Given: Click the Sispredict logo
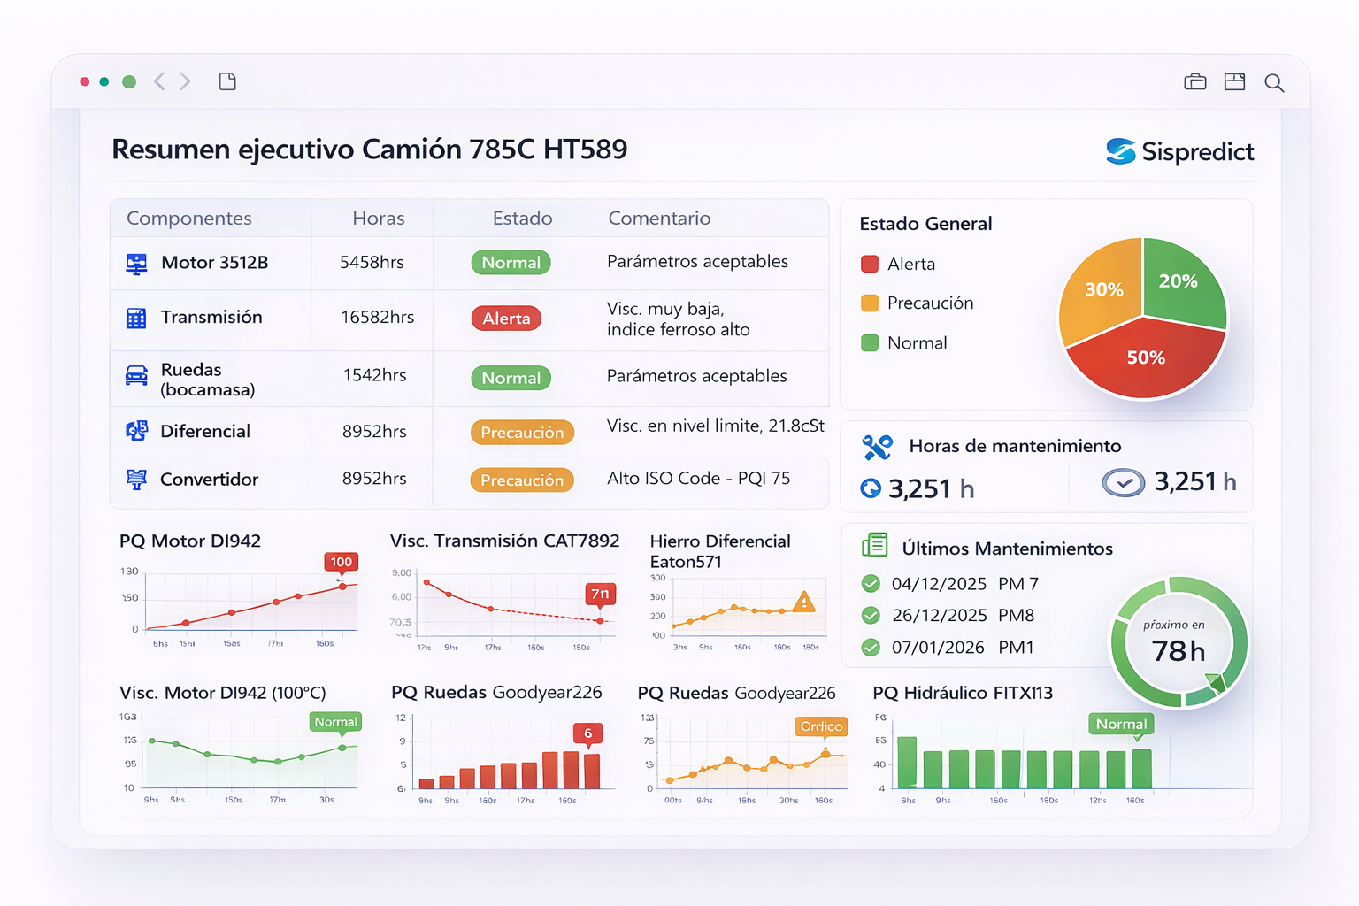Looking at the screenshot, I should coord(1179,151).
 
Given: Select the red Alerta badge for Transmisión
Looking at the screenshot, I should coord(506,319).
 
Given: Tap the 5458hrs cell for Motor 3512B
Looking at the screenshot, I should coord(372,263).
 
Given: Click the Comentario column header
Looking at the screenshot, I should coord(659,219).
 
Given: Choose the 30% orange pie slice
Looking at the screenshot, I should coord(1102,290).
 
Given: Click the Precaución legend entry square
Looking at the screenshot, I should coord(870,303).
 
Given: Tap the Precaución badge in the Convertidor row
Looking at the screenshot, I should coord(522,480).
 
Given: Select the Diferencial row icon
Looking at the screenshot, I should coord(136,431).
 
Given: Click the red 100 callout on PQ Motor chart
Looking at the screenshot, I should coord(342,562).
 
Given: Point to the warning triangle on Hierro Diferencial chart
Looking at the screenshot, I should coord(803,602).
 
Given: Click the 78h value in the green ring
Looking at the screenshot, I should coord(1178,651).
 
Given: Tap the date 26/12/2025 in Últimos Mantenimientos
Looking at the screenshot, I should coord(939,616).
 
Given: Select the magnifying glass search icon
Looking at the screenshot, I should coord(1274,82).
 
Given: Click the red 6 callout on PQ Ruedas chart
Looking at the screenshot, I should coord(587,733).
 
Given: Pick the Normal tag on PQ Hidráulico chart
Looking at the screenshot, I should coord(1121,725).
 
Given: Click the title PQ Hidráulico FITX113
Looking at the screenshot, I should coord(963,693).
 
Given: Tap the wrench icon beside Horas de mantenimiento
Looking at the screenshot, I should coord(877,448).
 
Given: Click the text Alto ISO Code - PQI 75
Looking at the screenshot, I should coord(698,479).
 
